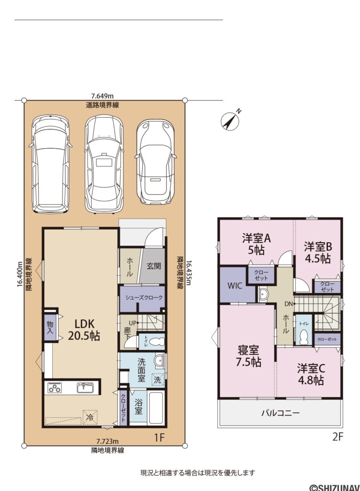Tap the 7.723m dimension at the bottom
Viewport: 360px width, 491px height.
[x=108, y=441]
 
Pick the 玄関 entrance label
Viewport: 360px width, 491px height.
[x=153, y=265]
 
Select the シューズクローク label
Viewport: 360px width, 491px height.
[x=143, y=298]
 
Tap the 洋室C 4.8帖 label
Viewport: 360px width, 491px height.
[x=311, y=374]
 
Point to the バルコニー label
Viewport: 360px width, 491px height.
[x=280, y=412]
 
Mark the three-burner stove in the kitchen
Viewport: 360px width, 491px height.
[x=55, y=387]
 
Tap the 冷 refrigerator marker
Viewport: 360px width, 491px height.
[x=89, y=417]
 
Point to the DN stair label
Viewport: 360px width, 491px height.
[x=288, y=304]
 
